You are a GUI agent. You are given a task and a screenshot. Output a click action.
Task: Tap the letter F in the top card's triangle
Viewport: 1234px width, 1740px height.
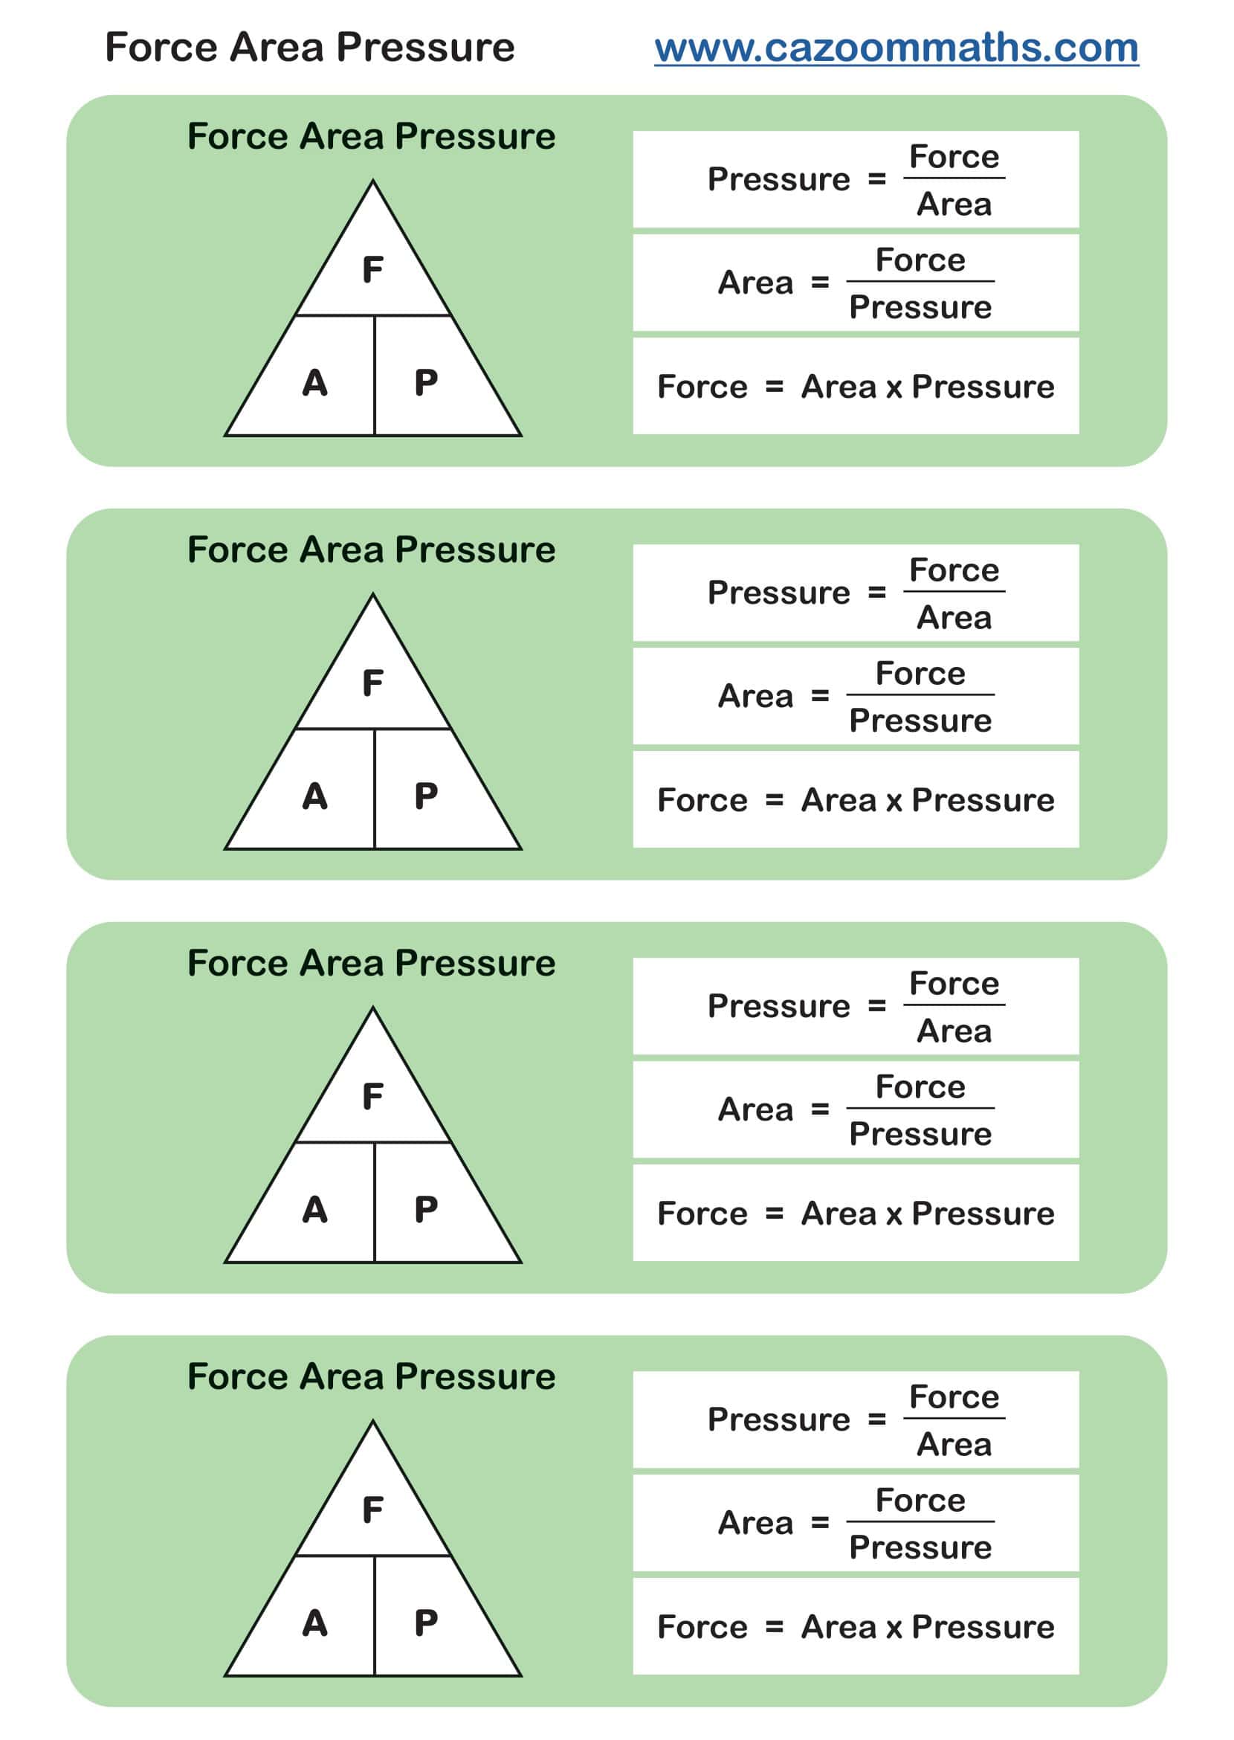pos(372,270)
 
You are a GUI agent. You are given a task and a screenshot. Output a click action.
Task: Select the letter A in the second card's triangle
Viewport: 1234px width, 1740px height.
pos(314,796)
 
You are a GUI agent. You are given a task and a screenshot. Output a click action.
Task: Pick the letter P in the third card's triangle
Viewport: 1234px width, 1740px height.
pos(425,1210)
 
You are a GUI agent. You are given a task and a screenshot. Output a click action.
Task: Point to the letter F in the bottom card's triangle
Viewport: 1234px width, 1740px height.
pos(372,1510)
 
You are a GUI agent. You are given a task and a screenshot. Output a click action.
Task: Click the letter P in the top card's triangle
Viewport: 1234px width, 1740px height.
pos(425,383)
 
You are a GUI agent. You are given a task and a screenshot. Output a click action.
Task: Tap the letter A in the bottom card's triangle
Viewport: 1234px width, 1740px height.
pos(314,1624)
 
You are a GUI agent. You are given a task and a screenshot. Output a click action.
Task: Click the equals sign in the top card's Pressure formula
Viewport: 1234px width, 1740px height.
pos(877,179)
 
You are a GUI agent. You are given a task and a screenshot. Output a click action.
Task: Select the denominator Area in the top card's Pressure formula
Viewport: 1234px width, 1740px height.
pos(954,204)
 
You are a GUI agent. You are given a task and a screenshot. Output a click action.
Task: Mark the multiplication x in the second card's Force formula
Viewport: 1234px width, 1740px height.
pos(894,800)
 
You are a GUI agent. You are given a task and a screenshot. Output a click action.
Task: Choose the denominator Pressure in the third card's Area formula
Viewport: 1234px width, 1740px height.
pos(920,1134)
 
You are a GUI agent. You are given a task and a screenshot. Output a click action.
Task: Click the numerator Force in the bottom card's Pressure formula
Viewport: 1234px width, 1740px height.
pos(954,1397)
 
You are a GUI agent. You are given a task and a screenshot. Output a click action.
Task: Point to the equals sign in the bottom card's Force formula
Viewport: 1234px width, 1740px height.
pos(774,1628)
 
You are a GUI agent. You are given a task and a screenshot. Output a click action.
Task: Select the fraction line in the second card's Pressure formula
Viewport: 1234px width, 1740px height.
pos(954,591)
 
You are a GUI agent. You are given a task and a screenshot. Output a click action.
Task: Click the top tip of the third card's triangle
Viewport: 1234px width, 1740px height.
pos(372,1010)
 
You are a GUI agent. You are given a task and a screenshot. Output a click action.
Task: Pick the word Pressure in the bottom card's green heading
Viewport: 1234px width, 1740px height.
pos(475,1376)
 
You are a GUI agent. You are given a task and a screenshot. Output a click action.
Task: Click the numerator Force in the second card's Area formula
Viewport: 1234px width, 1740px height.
pos(920,674)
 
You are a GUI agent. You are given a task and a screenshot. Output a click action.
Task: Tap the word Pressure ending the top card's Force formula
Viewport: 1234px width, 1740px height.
pos(983,387)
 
